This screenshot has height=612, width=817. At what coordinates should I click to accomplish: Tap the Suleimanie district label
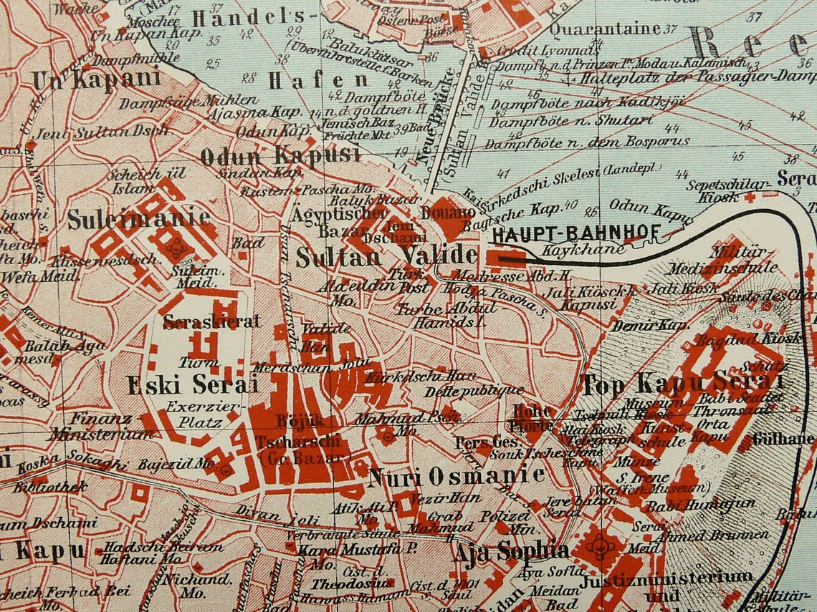coord(139,219)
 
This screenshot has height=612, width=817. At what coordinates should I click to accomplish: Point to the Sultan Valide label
coord(386,256)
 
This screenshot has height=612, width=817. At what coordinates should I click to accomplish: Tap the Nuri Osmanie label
coord(456,476)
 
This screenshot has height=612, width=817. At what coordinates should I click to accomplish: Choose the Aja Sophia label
coord(510,551)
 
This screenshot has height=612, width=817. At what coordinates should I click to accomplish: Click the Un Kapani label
coord(96,79)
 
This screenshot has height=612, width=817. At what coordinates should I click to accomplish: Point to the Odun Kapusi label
coord(279,155)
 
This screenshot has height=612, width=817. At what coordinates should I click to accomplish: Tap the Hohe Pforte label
coord(532,418)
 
